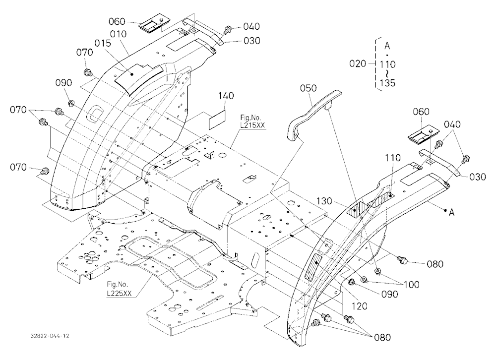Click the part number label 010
coord(119,34)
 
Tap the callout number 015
coord(103,43)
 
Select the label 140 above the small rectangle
coord(226,96)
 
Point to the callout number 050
coord(308,88)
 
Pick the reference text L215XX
coord(252,125)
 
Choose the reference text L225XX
coord(119,294)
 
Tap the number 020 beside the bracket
coord(358,63)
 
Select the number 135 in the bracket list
coord(387,83)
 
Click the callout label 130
coord(324,201)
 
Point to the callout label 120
coord(359,306)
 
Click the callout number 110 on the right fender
coord(392,158)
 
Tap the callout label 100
coord(411,285)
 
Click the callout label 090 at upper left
coord(63,83)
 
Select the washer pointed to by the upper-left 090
coord(71,103)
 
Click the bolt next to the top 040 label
coord(227,30)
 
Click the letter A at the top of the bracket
coord(387,46)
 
